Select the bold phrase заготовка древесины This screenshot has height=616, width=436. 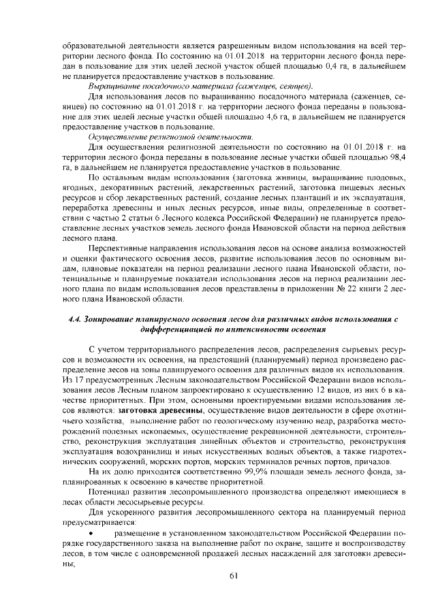[x=156, y=411]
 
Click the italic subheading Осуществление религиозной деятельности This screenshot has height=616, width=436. [x=171, y=137]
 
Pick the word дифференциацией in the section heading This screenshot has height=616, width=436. [x=181, y=330]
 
